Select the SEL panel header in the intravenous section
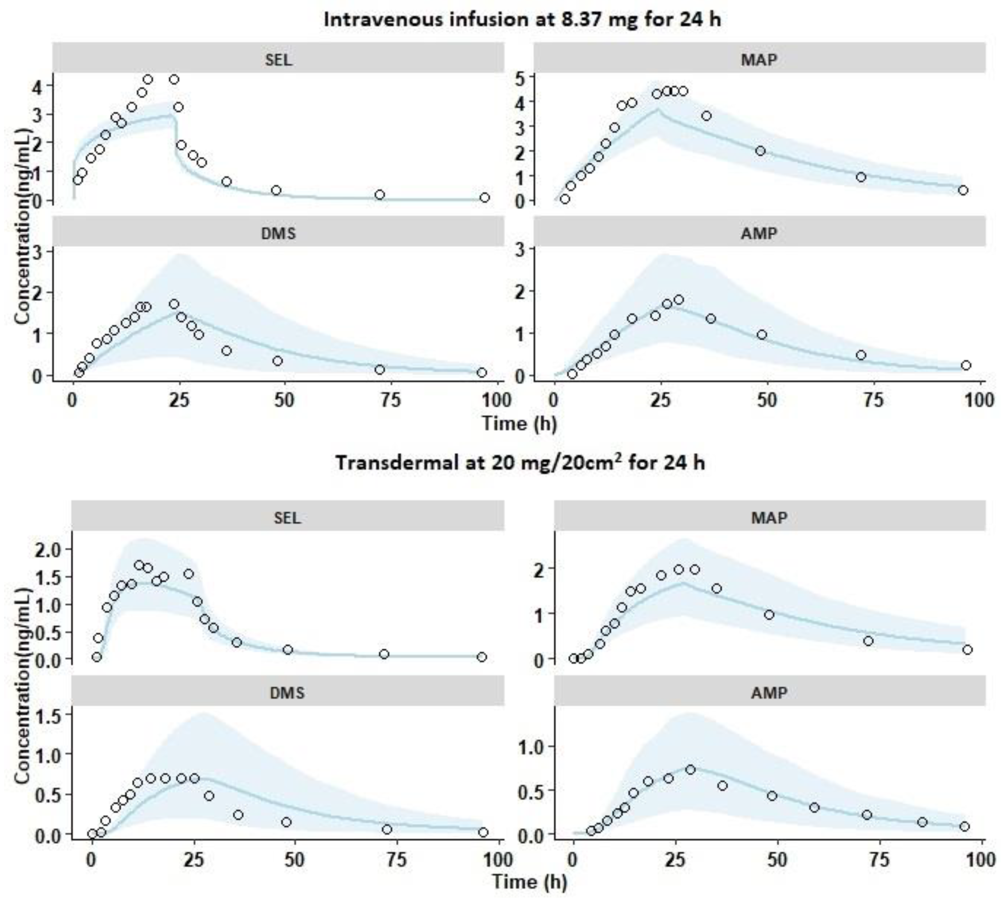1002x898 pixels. pos(278,59)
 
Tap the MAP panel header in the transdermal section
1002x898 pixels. pos(769,518)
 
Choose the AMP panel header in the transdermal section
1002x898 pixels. pos(769,693)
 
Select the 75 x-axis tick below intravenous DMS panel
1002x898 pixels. pos(390,400)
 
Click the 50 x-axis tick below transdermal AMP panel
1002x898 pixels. pos(777,860)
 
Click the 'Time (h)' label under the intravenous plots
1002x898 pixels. pos(519,423)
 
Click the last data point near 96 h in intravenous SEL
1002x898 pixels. pos(485,197)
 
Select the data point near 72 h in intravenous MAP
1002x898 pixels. pos(861,177)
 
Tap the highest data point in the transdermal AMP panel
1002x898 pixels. pos(690,769)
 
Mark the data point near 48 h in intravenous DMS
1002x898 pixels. pos(278,361)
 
